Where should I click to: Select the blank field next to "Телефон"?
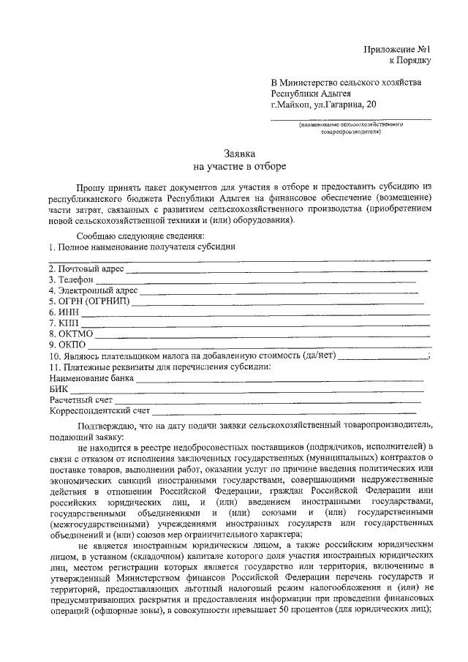(256, 281)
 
